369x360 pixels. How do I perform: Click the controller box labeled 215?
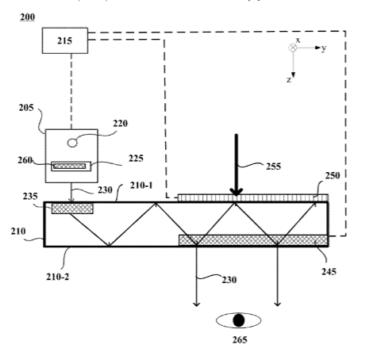tap(65, 40)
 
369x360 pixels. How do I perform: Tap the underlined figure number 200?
tap(28, 17)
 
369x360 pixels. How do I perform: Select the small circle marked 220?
tap(72, 143)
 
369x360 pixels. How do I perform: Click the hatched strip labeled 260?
tap(69, 166)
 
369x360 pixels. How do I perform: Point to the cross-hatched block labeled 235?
tap(72, 209)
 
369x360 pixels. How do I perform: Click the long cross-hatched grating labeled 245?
tap(253, 240)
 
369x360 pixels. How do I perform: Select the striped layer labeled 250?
tap(253, 197)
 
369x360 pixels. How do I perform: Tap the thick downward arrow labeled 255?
tap(236, 165)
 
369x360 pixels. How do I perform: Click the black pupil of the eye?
tap(239, 320)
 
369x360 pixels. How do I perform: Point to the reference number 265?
tap(240, 339)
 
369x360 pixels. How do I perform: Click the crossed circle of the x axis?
tap(293, 48)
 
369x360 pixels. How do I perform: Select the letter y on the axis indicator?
tap(324, 48)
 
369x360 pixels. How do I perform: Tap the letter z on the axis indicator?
tap(289, 79)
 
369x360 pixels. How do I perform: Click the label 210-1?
tap(141, 186)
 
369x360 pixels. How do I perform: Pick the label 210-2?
tap(57, 277)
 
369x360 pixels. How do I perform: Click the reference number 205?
tap(26, 108)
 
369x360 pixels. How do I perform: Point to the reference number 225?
tap(136, 158)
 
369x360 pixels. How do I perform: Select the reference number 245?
tap(329, 271)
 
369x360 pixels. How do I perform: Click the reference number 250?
tap(332, 175)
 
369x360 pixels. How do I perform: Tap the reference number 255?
tap(274, 167)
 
